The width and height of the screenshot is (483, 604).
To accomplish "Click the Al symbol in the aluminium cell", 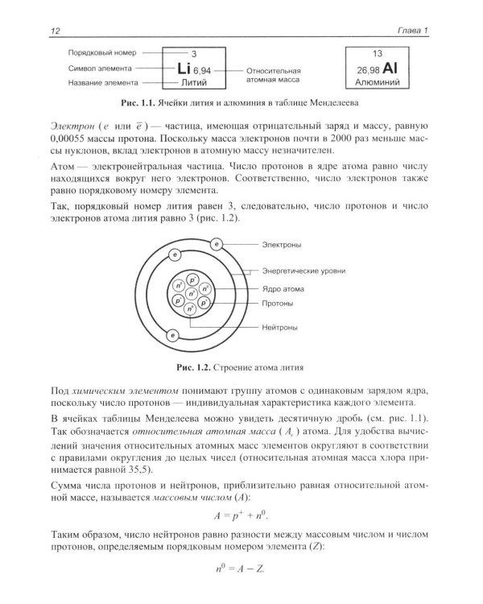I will [x=399, y=69].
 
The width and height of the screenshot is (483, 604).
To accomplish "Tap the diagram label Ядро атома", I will [x=282, y=288].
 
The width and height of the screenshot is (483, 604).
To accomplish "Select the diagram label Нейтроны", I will [x=279, y=328].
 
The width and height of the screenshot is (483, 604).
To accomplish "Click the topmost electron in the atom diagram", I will [x=215, y=243].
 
